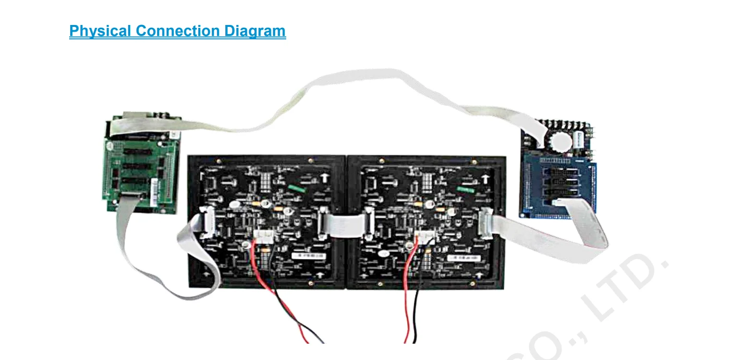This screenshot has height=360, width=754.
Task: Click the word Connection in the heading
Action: tap(178, 31)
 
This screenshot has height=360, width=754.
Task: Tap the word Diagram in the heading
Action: tap(255, 31)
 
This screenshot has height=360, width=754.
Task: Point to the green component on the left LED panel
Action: tap(297, 187)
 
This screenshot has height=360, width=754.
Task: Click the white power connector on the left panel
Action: tap(263, 236)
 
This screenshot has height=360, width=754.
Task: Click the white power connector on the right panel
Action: tap(426, 236)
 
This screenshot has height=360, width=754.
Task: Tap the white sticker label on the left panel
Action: tap(307, 255)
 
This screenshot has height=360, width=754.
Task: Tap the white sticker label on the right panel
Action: tap(463, 258)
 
